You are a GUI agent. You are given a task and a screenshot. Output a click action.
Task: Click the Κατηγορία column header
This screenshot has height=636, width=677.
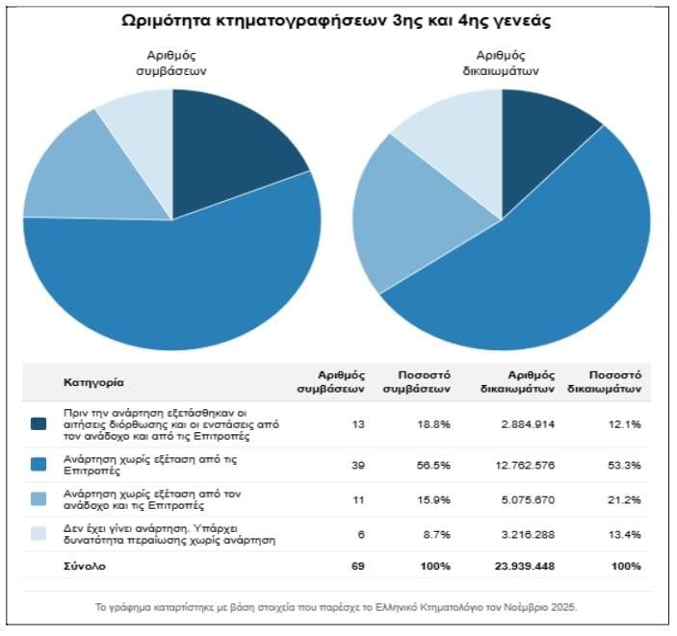tap(93, 382)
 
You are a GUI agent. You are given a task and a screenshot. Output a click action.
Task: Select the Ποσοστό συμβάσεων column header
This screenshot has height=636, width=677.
tap(424, 382)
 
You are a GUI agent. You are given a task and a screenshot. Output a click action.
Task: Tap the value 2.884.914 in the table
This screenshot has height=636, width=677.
tap(528, 423)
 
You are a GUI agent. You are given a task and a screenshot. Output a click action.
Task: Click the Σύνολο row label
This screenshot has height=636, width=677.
tap(85, 566)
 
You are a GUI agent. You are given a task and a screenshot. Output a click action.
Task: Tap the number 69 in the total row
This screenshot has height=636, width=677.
tap(357, 566)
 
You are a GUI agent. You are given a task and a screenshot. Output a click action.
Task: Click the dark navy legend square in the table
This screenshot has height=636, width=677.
tap(39, 423)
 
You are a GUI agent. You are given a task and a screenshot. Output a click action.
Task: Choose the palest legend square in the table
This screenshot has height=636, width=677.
tap(39, 533)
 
